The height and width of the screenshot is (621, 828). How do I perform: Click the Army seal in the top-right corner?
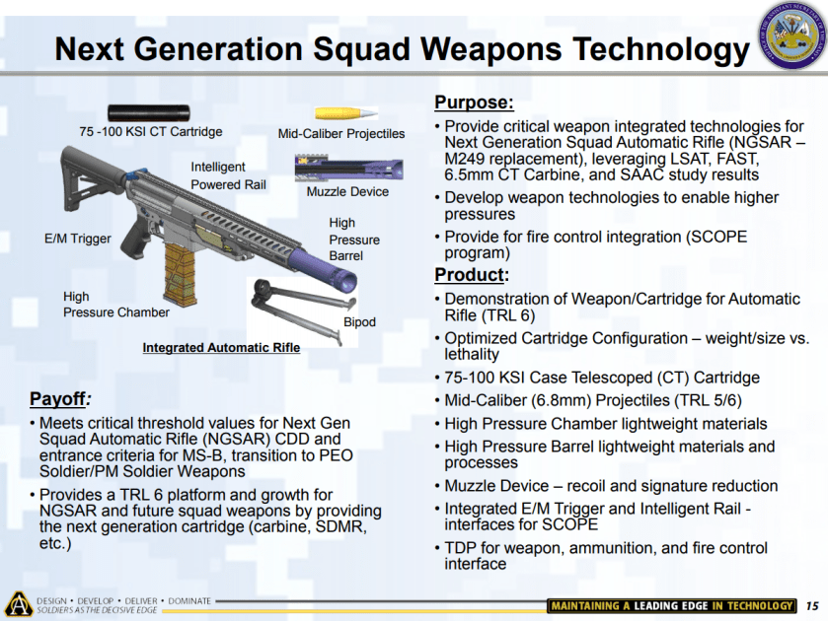click(792, 34)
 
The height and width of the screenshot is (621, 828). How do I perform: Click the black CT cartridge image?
click(149, 113)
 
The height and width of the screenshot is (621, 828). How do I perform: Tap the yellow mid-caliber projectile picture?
click(346, 113)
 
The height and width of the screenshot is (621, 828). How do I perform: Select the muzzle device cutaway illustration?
click(349, 168)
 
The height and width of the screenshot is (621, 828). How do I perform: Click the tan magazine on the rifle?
click(181, 274)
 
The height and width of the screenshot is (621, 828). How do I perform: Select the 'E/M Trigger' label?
click(78, 239)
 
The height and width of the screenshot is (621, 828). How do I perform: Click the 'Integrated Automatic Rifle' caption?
click(221, 348)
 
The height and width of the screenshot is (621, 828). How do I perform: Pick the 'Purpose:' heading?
click(474, 103)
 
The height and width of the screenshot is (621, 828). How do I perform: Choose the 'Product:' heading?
click(472, 275)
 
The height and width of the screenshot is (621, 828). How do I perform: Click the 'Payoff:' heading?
click(60, 399)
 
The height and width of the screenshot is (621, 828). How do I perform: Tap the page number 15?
click(812, 606)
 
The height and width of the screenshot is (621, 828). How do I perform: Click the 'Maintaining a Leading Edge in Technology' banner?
click(671, 605)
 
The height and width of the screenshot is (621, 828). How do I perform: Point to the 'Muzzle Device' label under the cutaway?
click(347, 191)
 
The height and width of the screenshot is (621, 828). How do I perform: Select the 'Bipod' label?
click(359, 322)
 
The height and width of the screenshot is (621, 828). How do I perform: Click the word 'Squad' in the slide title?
click(362, 49)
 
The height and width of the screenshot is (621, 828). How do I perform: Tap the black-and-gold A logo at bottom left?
click(19, 604)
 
